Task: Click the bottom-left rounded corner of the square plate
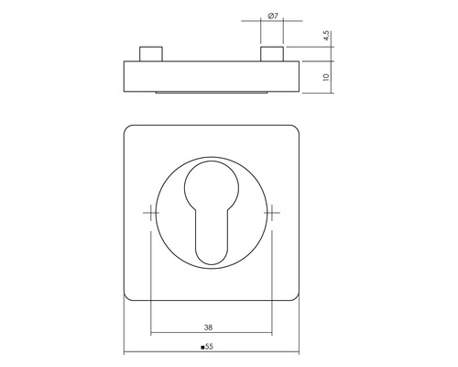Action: point(130,295)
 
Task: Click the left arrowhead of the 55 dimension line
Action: point(126,355)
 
